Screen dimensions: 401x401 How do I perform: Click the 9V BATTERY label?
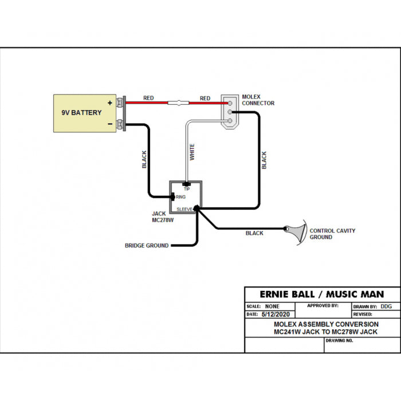coord(81,112)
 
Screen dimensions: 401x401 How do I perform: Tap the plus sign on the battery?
coord(110,103)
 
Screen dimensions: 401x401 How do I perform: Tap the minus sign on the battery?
coord(110,124)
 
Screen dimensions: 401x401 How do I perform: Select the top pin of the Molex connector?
coord(230,103)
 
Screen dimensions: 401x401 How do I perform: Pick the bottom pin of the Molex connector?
coord(230,121)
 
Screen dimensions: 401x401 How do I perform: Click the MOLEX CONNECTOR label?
coord(258,100)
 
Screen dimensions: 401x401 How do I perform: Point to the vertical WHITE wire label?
coord(192,152)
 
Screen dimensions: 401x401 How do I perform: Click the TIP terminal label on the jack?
coord(187,189)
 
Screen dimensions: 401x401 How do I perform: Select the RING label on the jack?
coord(180,197)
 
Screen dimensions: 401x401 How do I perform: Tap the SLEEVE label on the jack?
coord(184,209)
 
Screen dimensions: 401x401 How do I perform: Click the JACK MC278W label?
coord(163,217)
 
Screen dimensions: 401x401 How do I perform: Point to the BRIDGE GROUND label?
coord(147,246)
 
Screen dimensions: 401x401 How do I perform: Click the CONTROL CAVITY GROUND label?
coord(332,234)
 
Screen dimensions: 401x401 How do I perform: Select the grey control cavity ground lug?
coord(297,231)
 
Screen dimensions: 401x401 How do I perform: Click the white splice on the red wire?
coord(178,103)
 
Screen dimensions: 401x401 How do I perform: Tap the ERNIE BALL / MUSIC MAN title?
coord(322,294)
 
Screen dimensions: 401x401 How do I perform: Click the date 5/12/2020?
coord(276,314)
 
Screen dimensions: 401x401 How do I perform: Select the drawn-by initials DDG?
coord(386,306)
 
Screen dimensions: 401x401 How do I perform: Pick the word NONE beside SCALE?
coord(272,306)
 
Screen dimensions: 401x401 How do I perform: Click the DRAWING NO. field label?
coord(339,341)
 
